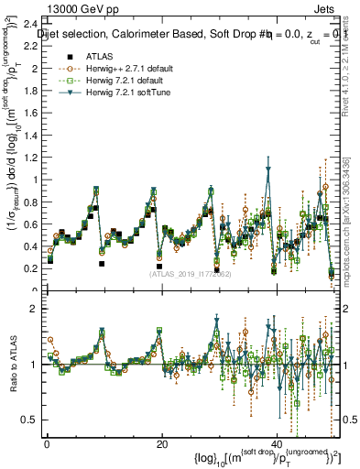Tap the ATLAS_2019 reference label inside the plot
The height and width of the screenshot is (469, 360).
189,273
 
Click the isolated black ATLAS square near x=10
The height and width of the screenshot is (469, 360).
102,264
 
